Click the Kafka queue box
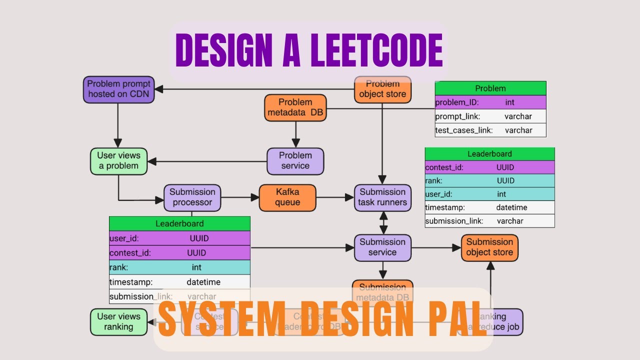[287, 197]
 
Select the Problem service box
[295, 161]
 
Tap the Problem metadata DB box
[295, 108]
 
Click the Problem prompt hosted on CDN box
[118, 89]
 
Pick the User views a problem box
[118, 161]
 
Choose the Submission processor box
[192, 197]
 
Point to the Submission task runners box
[383, 197]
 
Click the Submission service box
[383, 247]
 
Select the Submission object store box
[489, 247]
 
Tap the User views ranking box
[118, 322]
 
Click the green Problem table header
[490, 88]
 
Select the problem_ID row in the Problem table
[490, 102]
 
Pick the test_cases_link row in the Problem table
[490, 130]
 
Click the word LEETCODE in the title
[376, 51]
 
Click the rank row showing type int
[179, 267]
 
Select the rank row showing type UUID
[489, 180]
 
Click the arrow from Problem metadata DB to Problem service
[295, 134]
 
